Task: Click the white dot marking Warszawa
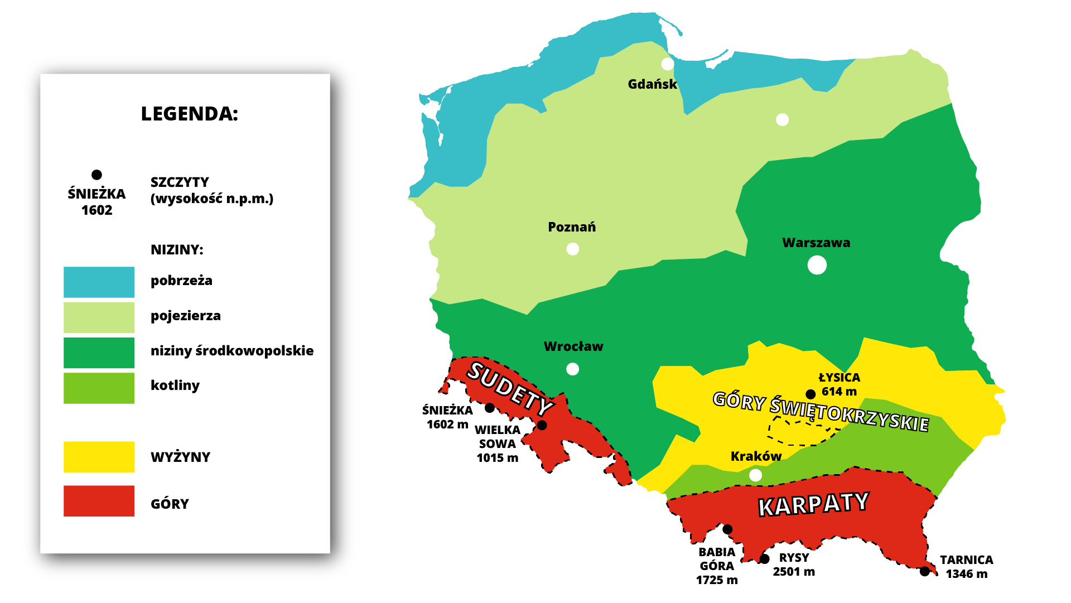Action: (817, 265)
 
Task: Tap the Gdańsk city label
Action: (652, 84)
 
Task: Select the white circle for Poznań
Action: (572, 249)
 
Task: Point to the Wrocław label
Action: (573, 346)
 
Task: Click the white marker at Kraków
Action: (755, 475)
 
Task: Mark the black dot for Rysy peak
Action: (765, 558)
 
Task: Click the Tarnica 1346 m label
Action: (966, 567)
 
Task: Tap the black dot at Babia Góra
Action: (727, 529)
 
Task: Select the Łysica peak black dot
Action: (811, 394)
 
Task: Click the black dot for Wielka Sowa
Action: (542, 426)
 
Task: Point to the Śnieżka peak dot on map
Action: (490, 408)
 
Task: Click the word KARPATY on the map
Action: (813, 504)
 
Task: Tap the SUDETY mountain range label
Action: (509, 388)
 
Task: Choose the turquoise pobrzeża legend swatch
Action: (99, 282)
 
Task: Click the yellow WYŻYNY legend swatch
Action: (99, 457)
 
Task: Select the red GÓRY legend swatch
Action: (99, 501)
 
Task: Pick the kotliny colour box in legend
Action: (99, 388)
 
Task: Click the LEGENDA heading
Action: (189, 114)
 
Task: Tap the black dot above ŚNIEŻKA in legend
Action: (97, 175)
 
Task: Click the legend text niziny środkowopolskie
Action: (231, 351)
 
